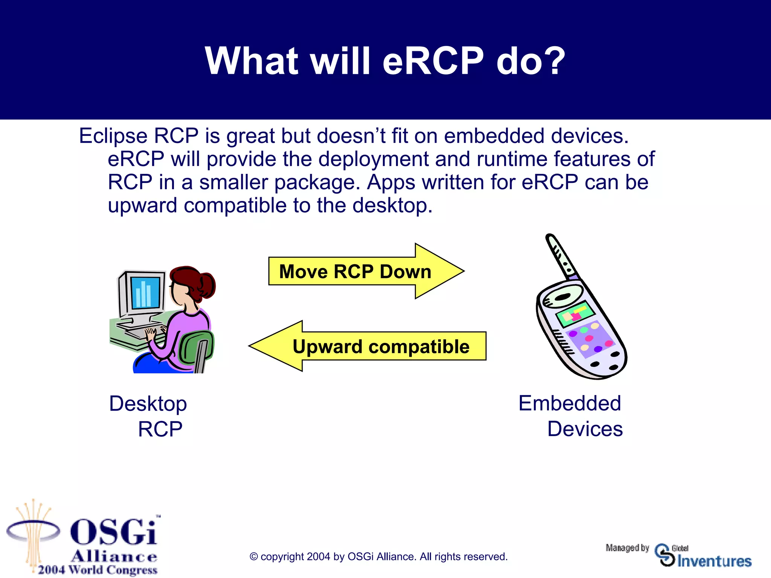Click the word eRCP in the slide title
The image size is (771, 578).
[x=433, y=61]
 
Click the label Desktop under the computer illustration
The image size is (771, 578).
[x=148, y=404]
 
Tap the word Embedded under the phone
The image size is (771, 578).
[x=569, y=403]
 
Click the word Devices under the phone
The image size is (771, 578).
[x=585, y=429]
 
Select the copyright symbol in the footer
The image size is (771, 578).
[x=254, y=557]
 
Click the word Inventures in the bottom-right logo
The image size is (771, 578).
[x=714, y=561]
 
